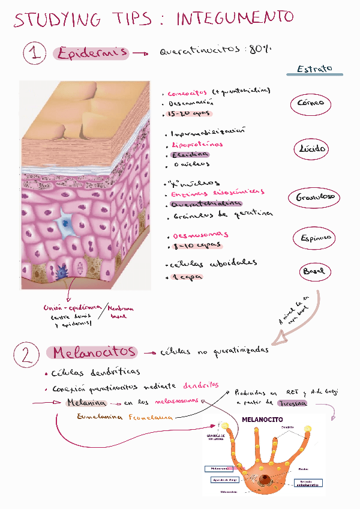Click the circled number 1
tap(35, 54)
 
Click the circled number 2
tap(26, 356)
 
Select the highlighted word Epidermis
tap(91, 53)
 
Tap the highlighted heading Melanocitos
tap(94, 352)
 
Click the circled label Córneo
tap(310, 103)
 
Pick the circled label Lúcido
tap(312, 148)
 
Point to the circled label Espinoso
tap(316, 238)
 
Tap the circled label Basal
tap(314, 271)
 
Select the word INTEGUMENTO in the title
tap(235, 19)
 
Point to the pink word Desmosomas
tap(200, 235)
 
